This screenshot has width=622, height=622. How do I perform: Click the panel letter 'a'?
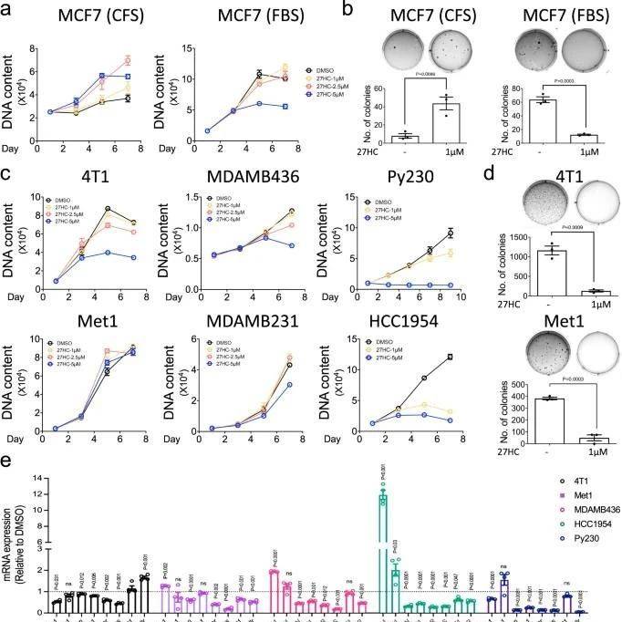pos(7,9)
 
